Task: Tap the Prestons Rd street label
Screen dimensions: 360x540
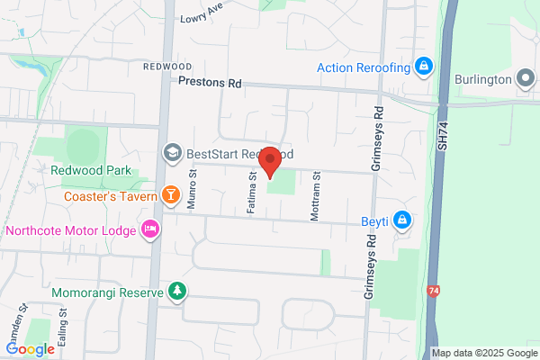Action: click(x=211, y=82)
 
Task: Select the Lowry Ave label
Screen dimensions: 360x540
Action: click(x=201, y=16)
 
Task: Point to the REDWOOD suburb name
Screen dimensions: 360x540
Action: click(x=166, y=67)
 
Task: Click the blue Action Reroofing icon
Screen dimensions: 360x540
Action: click(x=423, y=66)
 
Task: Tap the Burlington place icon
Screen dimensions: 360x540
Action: click(x=526, y=77)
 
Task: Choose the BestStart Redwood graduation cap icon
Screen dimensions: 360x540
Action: click(x=170, y=154)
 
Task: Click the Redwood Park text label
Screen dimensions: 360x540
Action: click(x=91, y=170)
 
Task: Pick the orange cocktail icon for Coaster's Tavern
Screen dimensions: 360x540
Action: click(x=170, y=194)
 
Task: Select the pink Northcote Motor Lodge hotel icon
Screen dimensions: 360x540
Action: click(x=149, y=229)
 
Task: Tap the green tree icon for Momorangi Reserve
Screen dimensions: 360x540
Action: click(x=178, y=291)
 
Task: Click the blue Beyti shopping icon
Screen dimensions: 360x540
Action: click(x=404, y=219)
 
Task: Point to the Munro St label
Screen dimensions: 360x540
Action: click(x=192, y=192)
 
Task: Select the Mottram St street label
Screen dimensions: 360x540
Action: click(x=316, y=192)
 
